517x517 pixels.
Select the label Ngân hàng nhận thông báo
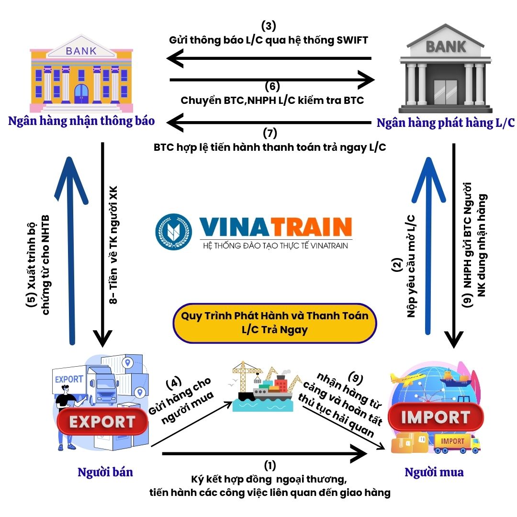click(x=81, y=121)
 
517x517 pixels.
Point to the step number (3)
click(x=269, y=26)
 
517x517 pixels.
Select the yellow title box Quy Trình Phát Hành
click(x=274, y=323)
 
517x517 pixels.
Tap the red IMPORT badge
click(x=435, y=417)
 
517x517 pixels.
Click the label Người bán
click(x=105, y=472)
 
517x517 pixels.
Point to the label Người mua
click(x=434, y=472)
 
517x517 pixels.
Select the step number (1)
click(x=270, y=465)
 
